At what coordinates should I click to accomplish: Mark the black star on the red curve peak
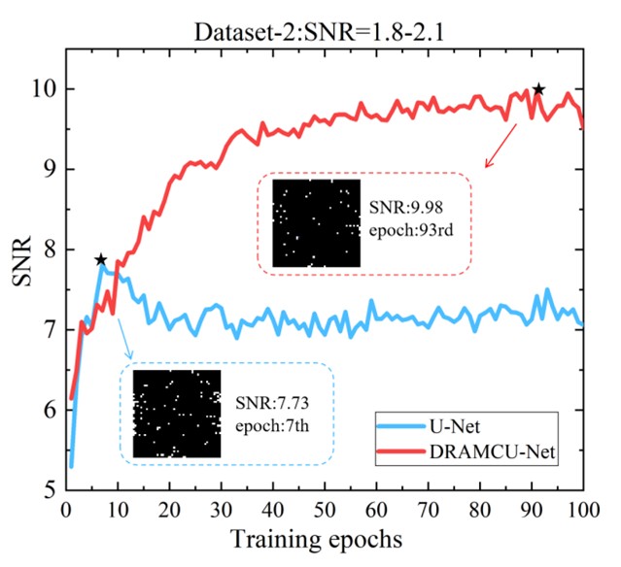[x=538, y=89]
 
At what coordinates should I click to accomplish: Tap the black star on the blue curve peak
[x=100, y=260]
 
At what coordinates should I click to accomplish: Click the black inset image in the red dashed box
[x=316, y=222]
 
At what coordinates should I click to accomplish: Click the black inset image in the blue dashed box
[x=177, y=413]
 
